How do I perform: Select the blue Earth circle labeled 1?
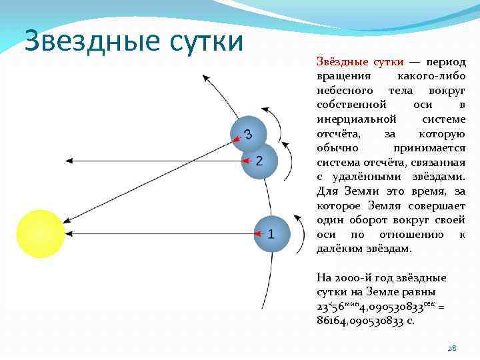[272, 234]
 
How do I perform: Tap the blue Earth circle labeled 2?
[259, 161]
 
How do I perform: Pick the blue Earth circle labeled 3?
[249, 135]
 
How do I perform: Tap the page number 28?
[451, 347]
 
